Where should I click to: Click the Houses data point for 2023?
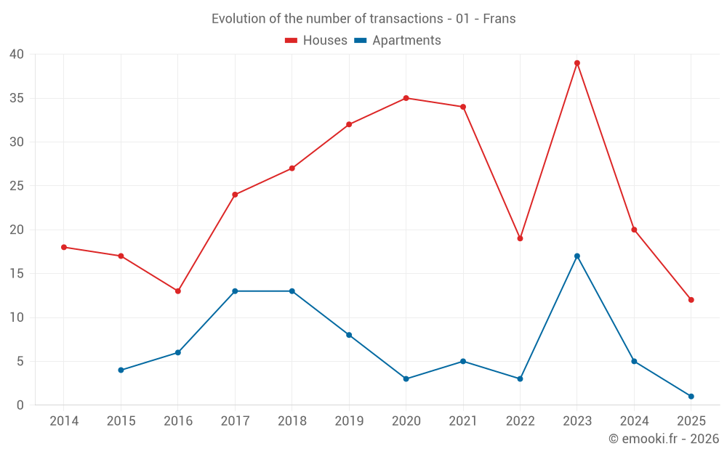[x=577, y=63]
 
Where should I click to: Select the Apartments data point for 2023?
[x=577, y=256]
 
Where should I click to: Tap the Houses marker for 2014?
[x=64, y=247]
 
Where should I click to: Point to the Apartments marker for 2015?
[x=121, y=370]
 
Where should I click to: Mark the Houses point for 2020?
[x=406, y=98]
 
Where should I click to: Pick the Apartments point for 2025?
[x=691, y=397]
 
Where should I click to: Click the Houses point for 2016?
[x=178, y=291]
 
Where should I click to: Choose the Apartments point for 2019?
[x=349, y=335]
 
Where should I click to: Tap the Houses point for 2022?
[x=520, y=238]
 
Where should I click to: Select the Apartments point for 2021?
[x=463, y=361]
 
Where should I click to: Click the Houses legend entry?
[x=316, y=41]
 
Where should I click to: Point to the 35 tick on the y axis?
[x=17, y=98]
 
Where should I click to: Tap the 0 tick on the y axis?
[x=20, y=405]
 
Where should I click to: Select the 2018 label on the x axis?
[x=292, y=421]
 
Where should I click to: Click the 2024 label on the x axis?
[x=634, y=421]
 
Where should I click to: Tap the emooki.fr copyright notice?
[x=663, y=439]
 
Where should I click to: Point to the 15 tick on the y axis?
[x=17, y=274]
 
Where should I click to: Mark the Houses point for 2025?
[x=691, y=300]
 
